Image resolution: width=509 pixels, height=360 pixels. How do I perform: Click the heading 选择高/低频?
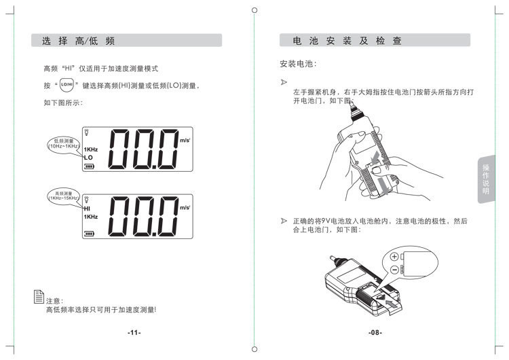(79, 41)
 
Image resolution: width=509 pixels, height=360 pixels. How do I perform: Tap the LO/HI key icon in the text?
(67, 85)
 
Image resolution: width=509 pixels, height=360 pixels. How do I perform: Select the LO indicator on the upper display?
(88, 158)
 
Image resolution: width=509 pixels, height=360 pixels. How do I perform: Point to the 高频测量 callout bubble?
(63, 195)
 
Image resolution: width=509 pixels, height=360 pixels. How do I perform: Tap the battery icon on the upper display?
(89, 166)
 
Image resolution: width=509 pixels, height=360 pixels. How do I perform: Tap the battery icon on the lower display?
(89, 232)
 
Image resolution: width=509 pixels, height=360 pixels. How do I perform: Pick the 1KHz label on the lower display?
(91, 217)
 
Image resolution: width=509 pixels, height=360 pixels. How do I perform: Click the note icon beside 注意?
(39, 296)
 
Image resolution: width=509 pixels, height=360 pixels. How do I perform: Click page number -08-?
(375, 332)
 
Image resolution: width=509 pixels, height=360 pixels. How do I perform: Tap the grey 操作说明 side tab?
(485, 180)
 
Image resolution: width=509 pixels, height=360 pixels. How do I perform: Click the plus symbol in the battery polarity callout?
(394, 257)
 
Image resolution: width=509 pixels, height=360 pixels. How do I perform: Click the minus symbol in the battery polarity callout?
(394, 270)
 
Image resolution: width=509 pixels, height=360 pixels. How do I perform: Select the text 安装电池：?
(299, 64)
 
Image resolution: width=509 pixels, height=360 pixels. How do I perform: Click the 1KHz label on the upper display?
(91, 149)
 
